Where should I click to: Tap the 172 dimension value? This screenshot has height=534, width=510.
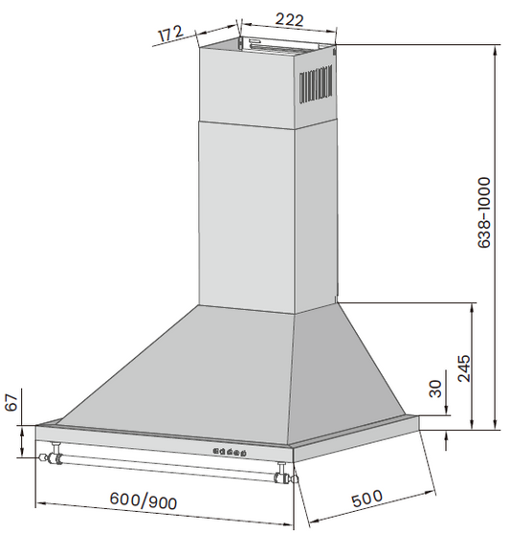(x=170, y=33)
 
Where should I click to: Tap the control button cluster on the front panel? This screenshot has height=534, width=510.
(x=230, y=452)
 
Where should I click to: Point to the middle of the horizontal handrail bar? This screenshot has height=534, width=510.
(x=168, y=466)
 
